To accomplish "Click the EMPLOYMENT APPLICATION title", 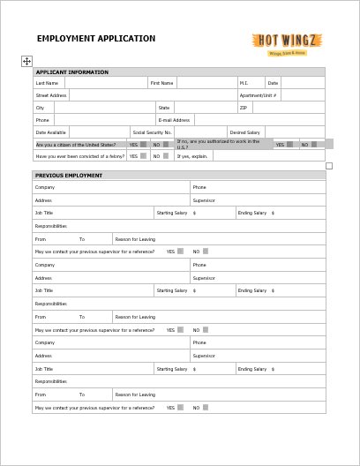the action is pyautogui.click(x=95, y=39).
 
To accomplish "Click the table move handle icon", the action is pyautogui.click(x=26, y=61).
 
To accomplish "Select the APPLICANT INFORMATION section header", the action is pyautogui.click(x=71, y=71).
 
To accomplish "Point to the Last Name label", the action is pyautogui.click(x=47, y=83).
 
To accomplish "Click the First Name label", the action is pyautogui.click(x=161, y=83).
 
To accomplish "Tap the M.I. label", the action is pyautogui.click(x=244, y=83).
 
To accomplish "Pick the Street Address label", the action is pyautogui.click(x=51, y=94).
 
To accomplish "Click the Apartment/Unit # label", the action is pyautogui.click(x=259, y=94).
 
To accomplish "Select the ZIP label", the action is pyautogui.click(x=244, y=107).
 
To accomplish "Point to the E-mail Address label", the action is pyautogui.click(x=174, y=119).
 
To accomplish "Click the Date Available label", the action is pyautogui.click(x=50, y=132).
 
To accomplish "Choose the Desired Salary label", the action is pyautogui.click(x=244, y=132).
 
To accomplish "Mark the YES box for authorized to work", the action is pyautogui.click(x=290, y=144).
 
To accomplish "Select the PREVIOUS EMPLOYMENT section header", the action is pyautogui.click(x=69, y=176).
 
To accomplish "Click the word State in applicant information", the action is pyautogui.click(x=163, y=107).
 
